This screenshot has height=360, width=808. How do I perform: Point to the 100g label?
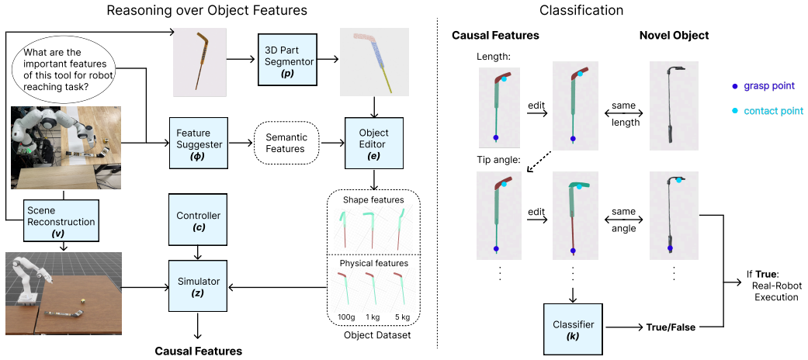345,317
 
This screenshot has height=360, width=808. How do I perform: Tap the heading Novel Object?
674,36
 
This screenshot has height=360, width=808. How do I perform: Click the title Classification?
581,9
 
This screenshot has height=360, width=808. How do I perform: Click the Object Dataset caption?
373,335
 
